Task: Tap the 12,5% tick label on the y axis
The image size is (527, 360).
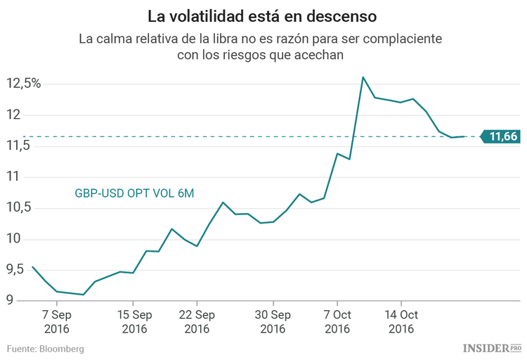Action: [24, 84]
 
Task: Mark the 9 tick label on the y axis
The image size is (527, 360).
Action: [11, 301]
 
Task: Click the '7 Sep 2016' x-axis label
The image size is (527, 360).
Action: [57, 321]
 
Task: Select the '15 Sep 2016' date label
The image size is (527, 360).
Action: [134, 321]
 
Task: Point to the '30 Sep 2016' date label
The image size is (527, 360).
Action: [272, 321]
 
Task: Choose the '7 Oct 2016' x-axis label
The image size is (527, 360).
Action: [337, 321]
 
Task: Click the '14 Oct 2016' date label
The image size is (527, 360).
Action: [401, 321]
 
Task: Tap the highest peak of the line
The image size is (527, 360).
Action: [363, 77]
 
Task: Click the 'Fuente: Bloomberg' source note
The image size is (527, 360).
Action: [46, 349]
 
